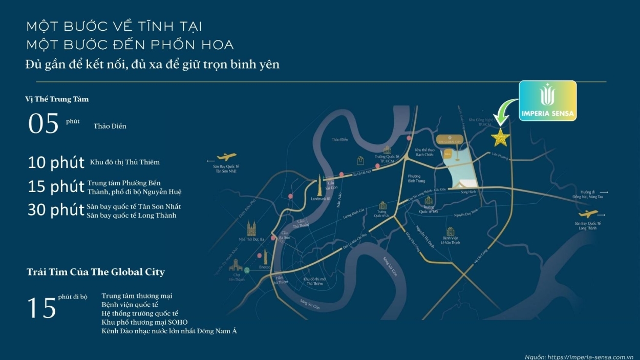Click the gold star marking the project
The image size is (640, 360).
[x=500, y=137]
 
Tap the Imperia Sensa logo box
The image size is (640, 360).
[x=547, y=101]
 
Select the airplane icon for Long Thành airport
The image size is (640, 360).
[x=586, y=215]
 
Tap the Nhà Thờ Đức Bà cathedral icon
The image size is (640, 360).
[x=251, y=228]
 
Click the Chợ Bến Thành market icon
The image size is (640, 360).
[x=236, y=265]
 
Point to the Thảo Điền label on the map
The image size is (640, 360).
[x=339, y=139]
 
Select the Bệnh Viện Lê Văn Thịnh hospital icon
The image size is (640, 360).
[x=451, y=231]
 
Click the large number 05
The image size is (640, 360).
[x=44, y=124]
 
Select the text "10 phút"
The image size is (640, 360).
[x=56, y=163]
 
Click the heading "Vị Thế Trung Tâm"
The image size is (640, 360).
[x=57, y=99]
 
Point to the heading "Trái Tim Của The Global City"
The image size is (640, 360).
[x=96, y=272]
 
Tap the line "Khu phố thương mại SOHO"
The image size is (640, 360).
[x=144, y=322]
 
